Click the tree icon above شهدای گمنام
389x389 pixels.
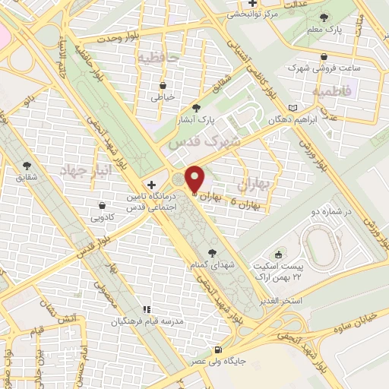210,253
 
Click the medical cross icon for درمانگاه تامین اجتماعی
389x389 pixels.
152,185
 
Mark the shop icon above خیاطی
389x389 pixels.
163,86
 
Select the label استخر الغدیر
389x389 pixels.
302,302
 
